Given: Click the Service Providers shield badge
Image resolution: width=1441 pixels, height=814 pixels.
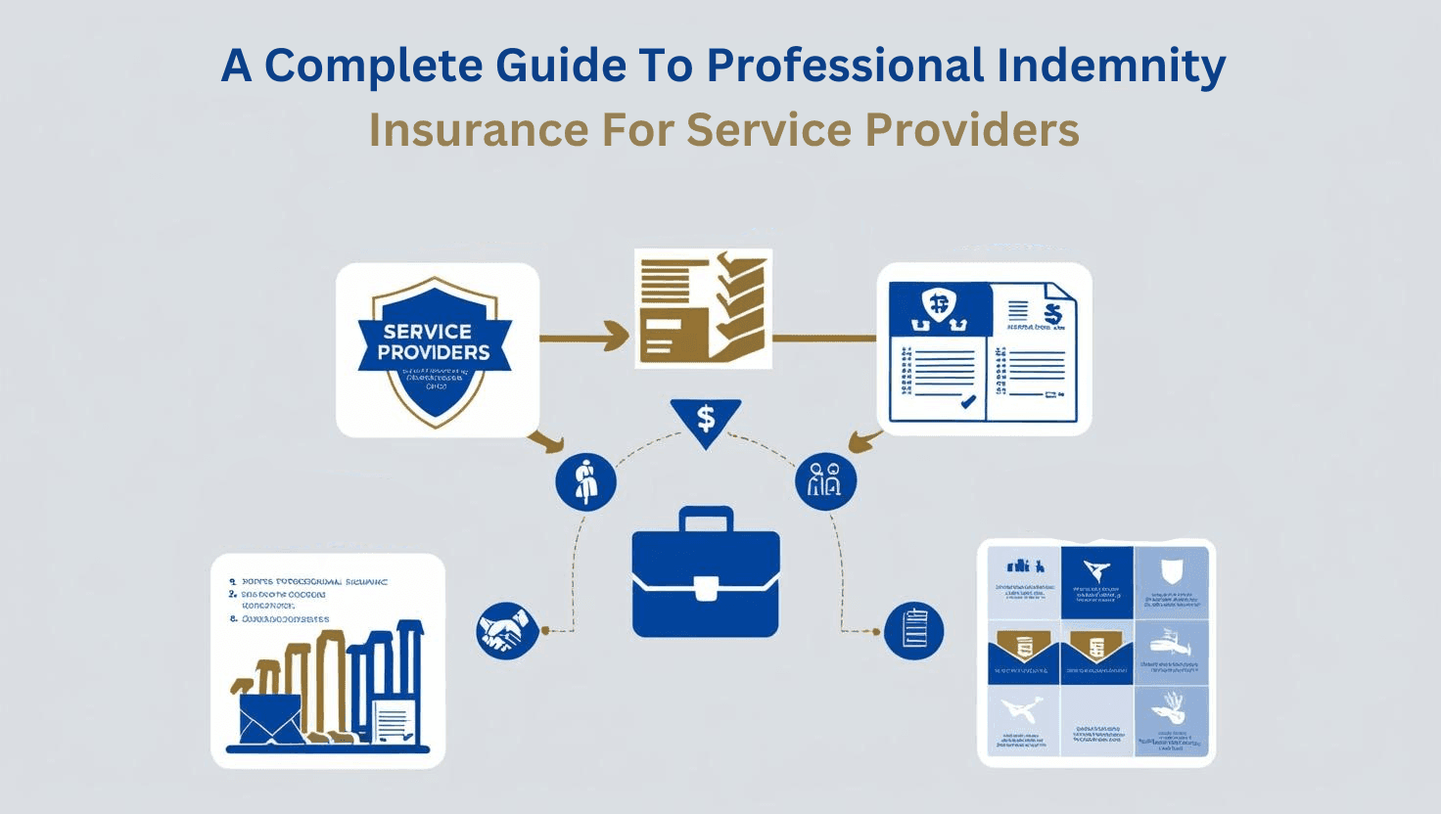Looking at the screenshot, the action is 434,348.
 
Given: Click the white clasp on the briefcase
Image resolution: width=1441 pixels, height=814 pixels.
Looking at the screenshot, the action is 706,588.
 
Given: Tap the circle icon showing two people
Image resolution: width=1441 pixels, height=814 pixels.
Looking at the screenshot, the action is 826,480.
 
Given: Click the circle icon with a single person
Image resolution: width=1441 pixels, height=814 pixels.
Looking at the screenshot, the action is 585,481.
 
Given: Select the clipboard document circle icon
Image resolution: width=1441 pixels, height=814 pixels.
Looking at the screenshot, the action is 913,630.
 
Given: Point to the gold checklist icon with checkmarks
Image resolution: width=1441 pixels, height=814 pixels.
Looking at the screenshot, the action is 702,307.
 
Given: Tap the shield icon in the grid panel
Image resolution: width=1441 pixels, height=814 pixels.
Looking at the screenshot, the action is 1171,572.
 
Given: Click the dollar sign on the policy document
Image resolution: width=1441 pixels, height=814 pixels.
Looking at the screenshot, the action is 1052,314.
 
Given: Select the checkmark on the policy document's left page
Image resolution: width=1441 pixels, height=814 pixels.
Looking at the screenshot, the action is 967,401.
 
